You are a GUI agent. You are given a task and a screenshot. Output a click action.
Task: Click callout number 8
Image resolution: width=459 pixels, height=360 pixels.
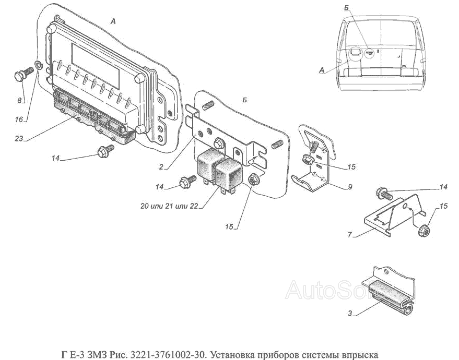click(x=20, y=100)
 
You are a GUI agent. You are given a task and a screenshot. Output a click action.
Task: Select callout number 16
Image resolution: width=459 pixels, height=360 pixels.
click(x=19, y=119)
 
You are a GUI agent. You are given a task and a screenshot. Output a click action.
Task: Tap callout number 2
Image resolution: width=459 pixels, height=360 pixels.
click(x=162, y=167)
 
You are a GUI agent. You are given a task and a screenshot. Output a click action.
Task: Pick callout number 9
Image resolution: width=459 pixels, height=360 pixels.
click(x=350, y=186)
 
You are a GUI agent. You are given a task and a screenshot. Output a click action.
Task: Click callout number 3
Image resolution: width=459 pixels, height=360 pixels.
click(x=351, y=314)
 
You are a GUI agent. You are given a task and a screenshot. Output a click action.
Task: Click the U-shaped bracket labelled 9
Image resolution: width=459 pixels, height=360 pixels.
click(x=313, y=177)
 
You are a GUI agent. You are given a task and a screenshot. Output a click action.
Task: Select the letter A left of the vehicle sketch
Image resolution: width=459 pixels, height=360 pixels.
click(x=321, y=69)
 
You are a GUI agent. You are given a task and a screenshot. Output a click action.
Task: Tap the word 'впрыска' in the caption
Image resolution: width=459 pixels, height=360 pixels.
click(x=359, y=355)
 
